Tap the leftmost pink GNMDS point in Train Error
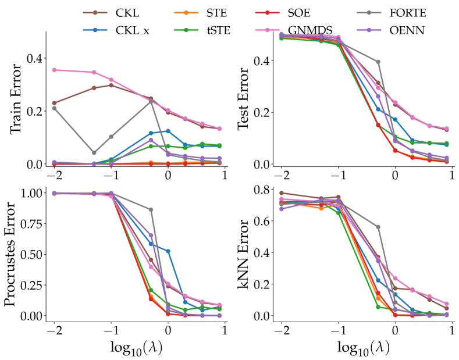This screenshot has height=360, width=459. [54, 70]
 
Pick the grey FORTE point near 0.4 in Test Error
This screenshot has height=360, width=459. [378, 62]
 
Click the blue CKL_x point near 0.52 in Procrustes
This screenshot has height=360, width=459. [168, 251]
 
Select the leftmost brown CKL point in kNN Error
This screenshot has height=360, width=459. [282, 193]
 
